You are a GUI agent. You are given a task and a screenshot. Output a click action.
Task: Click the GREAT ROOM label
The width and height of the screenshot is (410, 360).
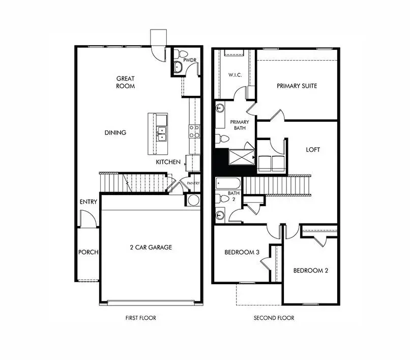pos(126,82)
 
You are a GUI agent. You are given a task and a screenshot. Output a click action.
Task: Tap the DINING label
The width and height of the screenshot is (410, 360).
pos(115,133)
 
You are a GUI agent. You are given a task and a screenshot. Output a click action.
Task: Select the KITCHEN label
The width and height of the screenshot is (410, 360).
pos(168,162)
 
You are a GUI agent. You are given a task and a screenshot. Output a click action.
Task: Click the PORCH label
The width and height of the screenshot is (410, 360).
pos(88,252)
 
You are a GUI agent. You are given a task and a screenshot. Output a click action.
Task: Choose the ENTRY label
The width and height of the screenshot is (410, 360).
pos(89,202)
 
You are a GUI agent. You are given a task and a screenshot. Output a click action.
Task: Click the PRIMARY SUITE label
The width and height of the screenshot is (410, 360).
pos(297,86)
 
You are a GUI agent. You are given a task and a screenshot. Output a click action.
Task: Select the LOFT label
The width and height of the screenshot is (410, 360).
pos(313,150)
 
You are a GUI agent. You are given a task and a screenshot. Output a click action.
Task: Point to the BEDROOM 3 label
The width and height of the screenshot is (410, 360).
pos(242,253)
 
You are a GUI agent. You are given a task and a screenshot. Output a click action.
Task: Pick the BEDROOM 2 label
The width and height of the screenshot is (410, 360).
pos(310,270)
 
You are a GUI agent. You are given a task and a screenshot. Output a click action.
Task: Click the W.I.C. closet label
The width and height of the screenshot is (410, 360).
pos(235,75)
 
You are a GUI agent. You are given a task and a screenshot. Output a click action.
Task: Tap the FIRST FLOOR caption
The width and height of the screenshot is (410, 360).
pos(141,318)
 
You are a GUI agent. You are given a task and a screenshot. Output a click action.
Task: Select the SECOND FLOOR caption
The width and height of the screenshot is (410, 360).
pos(274,318)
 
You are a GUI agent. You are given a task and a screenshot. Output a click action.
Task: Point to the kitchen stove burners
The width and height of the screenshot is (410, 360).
pos(194,132)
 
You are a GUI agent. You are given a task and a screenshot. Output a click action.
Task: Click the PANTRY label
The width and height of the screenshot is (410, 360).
pos(193,183)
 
